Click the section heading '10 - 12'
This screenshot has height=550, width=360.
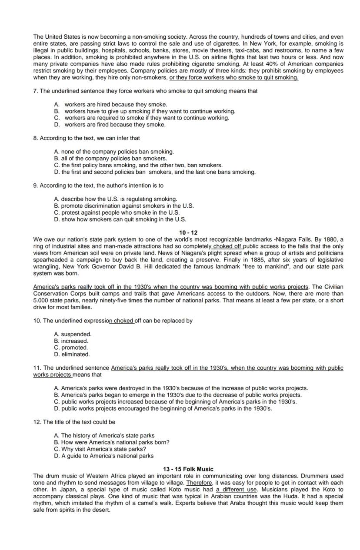tap(188, 233)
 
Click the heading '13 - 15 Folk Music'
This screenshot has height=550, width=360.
tap(188, 469)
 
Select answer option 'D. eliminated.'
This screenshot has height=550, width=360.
tap(72, 355)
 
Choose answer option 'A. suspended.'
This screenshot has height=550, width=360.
tap(73, 335)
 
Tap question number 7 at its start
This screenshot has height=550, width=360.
tap(35, 91)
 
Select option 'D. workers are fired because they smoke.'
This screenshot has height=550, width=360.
tap(110, 125)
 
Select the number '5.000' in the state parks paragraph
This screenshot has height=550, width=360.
tap(40, 301)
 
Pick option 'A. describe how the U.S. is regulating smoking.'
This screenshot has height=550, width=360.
tap(116, 199)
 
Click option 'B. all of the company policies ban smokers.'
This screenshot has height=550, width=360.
tap(110, 159)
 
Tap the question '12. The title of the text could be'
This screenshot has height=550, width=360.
tap(74, 422)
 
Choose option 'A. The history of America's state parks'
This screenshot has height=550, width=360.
tap(104, 436)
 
